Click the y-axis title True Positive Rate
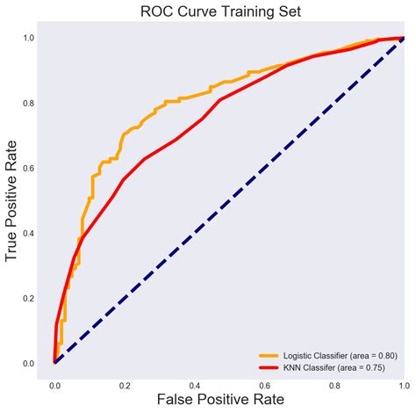pyautogui.click(x=12, y=200)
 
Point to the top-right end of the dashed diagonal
pyautogui.click(x=403, y=38)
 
